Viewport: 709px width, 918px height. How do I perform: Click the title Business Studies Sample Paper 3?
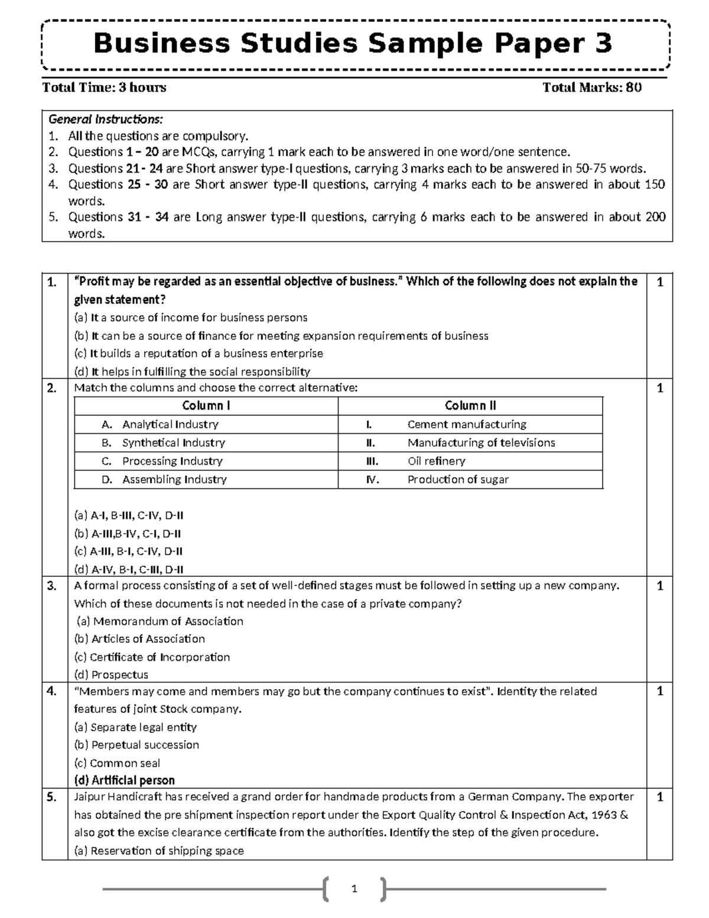pos(353,44)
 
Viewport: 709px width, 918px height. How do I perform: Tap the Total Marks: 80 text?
pos(592,88)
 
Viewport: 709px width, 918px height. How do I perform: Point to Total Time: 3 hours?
pos(104,88)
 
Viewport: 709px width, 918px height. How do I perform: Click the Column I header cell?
pos(206,406)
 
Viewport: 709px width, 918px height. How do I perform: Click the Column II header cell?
pos(470,406)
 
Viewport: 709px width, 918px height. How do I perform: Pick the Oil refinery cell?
pos(436,461)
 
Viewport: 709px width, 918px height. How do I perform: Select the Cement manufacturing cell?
pos(466,424)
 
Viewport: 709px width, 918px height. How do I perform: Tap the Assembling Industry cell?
pos(174,479)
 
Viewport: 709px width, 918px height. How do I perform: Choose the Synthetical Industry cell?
pos(173,443)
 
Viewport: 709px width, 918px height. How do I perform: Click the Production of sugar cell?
pos(457,479)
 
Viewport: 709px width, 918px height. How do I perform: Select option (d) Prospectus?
pos(111,674)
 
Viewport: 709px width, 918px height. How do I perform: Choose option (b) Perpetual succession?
pos(136,745)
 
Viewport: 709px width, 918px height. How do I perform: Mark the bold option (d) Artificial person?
pos(124,780)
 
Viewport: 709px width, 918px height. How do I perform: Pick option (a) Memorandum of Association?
pos(159,621)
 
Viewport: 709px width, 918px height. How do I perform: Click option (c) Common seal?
pos(117,763)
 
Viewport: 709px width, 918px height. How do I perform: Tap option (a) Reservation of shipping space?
pos(159,851)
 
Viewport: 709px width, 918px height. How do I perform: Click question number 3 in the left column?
pos(52,586)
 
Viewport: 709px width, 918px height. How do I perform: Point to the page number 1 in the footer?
pos(354,888)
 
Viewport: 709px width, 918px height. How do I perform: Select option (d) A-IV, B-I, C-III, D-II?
pos(129,570)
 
